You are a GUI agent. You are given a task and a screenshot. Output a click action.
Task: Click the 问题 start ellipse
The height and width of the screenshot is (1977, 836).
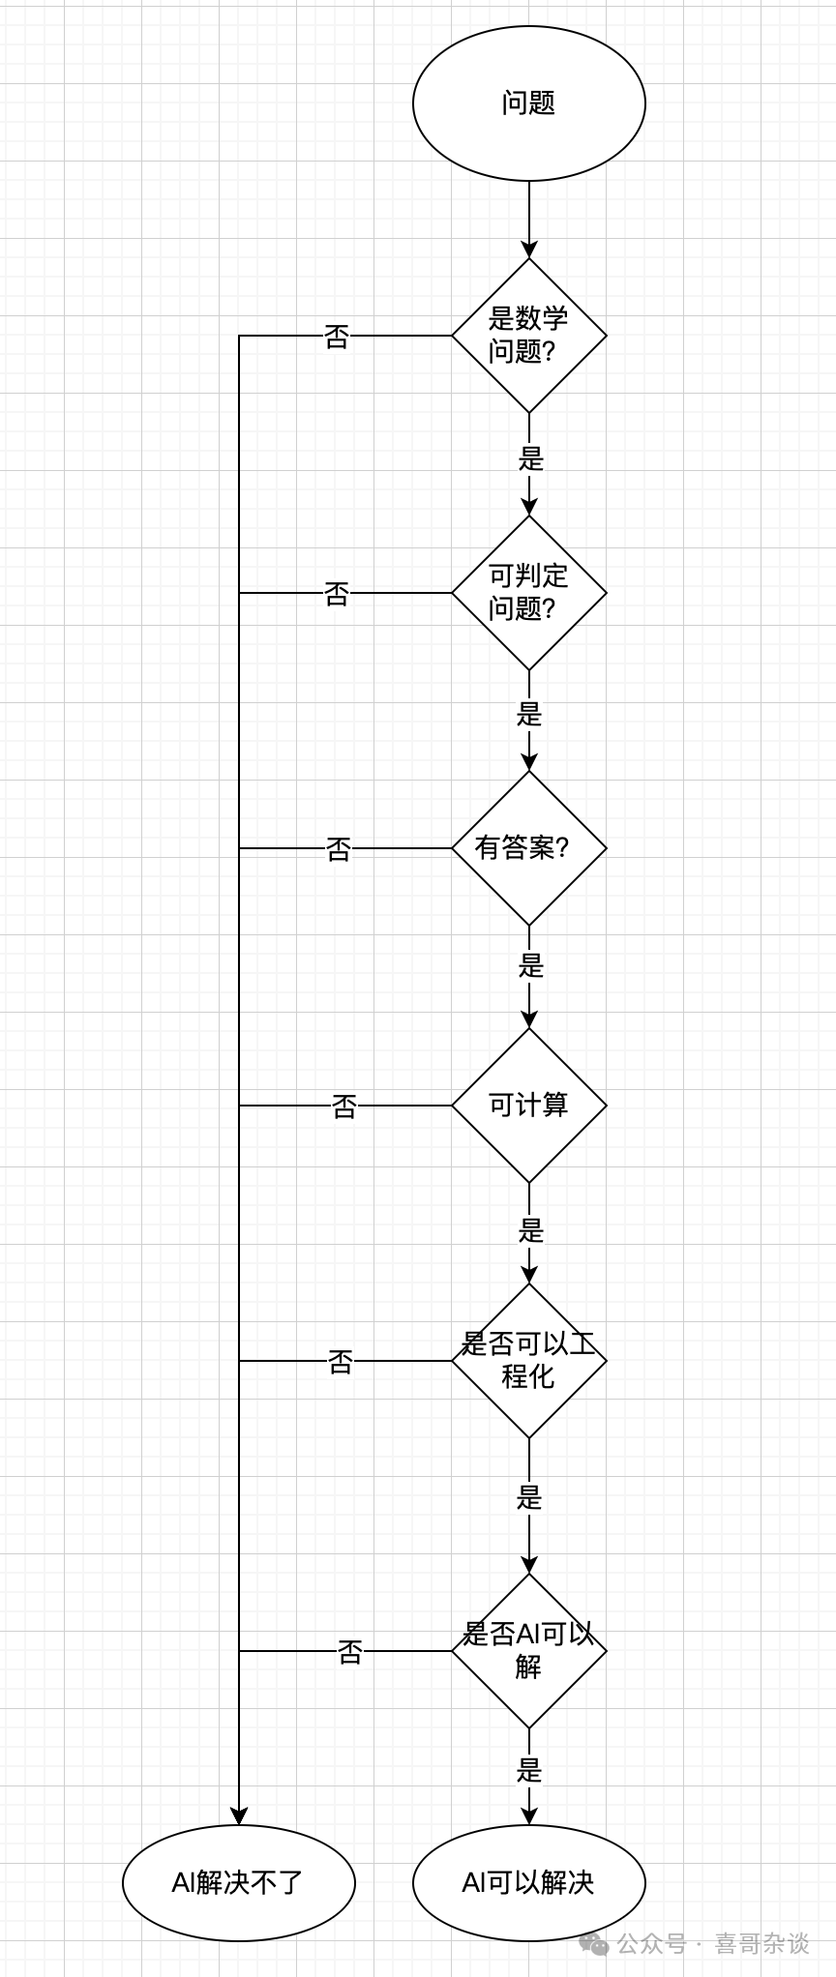coord(528,103)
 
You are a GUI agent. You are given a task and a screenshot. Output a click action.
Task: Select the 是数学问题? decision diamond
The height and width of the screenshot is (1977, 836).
coord(528,336)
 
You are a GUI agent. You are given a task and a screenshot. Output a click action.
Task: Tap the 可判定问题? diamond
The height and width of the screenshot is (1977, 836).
coord(528,592)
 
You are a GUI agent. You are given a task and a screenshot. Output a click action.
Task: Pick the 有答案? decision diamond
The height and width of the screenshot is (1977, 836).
coord(528,848)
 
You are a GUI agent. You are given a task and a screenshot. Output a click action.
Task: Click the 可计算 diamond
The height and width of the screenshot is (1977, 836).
coord(528,1105)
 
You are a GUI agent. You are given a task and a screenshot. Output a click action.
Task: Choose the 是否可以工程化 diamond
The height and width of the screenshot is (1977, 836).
coord(528,1360)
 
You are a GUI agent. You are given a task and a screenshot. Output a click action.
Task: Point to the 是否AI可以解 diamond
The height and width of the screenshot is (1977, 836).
coord(528,1651)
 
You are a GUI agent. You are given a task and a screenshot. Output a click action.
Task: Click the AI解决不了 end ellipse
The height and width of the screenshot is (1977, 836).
coord(238,1882)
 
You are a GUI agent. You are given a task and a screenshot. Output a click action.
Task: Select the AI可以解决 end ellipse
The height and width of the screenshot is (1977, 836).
coord(528,1882)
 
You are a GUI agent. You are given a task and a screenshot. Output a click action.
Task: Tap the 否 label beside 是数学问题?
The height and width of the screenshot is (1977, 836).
coord(336,337)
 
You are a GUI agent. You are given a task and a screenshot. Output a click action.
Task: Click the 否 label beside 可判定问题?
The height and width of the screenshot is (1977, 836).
coord(336,593)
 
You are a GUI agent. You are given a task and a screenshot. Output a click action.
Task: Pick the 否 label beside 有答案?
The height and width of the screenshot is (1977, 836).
coord(338,849)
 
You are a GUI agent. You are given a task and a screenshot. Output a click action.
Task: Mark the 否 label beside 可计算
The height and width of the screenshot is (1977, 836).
coord(343,1106)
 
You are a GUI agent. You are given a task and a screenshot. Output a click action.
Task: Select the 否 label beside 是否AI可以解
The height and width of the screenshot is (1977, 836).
coord(349,1652)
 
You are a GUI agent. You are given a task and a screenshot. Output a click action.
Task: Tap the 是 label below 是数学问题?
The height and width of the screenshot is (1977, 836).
coord(530,458)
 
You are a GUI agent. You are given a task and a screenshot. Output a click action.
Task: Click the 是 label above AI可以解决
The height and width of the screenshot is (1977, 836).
coord(529,1770)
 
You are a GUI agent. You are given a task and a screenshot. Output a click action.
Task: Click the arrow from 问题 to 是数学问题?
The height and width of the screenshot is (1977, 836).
coord(529,219)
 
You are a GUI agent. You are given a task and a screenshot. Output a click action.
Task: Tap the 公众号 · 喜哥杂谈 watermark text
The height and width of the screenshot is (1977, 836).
coord(711,1942)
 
